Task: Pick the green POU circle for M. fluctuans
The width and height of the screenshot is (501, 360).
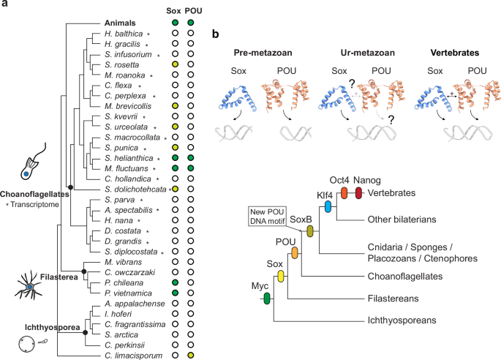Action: pyautogui.click(x=190, y=168)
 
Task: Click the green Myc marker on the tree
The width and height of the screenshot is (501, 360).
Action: pyautogui.click(x=267, y=298)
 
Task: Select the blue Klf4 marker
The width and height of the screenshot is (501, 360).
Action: pyautogui.click(x=328, y=207)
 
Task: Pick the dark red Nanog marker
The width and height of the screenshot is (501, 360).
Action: pyautogui.click(x=358, y=192)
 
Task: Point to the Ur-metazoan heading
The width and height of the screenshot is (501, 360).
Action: pyautogui.click(x=355, y=55)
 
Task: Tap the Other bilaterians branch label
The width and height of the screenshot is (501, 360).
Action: pyautogui.click(x=399, y=220)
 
